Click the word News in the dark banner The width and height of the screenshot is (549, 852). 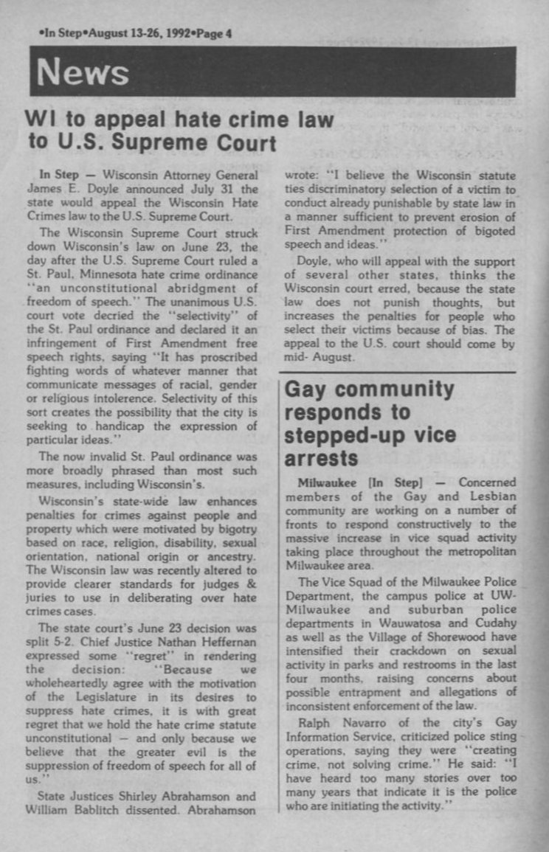(x=83, y=72)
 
